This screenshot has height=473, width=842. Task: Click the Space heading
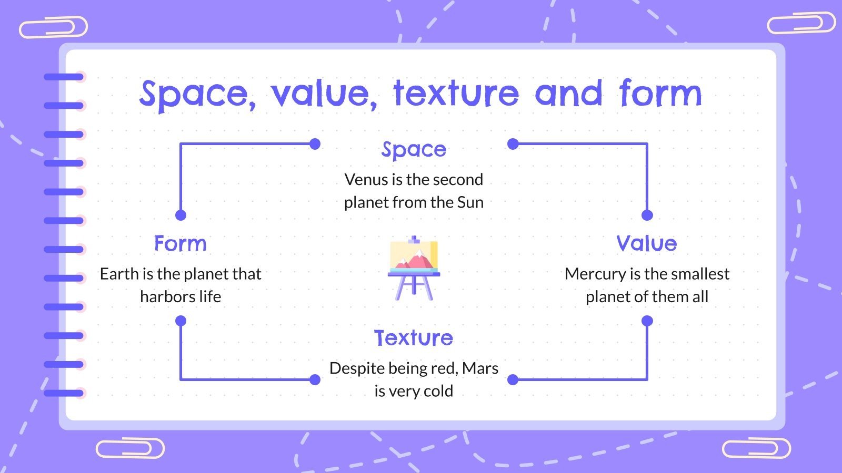click(x=414, y=150)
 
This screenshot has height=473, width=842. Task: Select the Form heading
click(x=181, y=244)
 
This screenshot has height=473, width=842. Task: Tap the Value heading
click(x=647, y=244)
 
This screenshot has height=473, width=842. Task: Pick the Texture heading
click(x=414, y=338)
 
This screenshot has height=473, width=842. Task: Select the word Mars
click(x=480, y=368)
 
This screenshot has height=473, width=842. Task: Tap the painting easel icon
click(x=414, y=268)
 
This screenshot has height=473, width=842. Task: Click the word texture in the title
click(x=456, y=94)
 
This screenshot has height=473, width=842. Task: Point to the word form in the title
click(x=660, y=94)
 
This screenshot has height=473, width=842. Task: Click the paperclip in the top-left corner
click(x=53, y=27)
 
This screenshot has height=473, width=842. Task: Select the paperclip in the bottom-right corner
click(x=756, y=449)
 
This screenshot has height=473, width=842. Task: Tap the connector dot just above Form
click(x=181, y=215)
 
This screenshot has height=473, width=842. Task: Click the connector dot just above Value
click(x=647, y=215)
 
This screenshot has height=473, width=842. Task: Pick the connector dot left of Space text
click(x=315, y=144)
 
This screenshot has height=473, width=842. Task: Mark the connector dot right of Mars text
click(x=513, y=379)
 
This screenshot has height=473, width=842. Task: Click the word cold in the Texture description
click(x=438, y=391)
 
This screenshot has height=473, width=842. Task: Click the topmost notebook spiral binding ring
click(x=64, y=77)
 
